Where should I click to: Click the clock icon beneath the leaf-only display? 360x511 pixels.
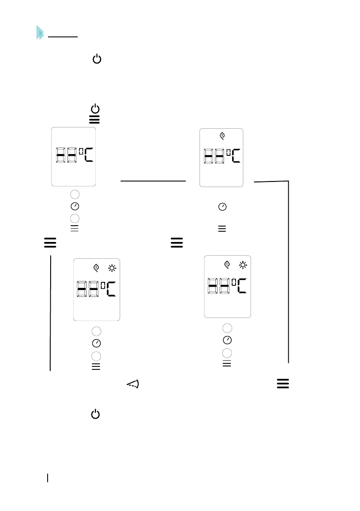(222, 207)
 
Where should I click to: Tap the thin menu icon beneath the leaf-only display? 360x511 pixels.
(222, 229)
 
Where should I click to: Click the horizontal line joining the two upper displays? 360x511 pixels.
(153, 181)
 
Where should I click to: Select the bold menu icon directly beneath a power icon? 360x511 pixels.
(94, 120)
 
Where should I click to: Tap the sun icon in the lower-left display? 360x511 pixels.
(112, 268)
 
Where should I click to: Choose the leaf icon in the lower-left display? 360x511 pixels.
(97, 268)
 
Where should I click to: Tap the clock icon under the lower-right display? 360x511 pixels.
(227, 340)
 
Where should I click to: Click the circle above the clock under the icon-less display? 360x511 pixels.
(75, 194)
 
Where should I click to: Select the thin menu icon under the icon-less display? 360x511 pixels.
(74, 229)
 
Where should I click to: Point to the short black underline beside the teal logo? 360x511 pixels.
(63, 37)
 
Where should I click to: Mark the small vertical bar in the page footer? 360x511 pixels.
(48, 477)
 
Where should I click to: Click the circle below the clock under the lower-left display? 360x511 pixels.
(97, 356)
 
